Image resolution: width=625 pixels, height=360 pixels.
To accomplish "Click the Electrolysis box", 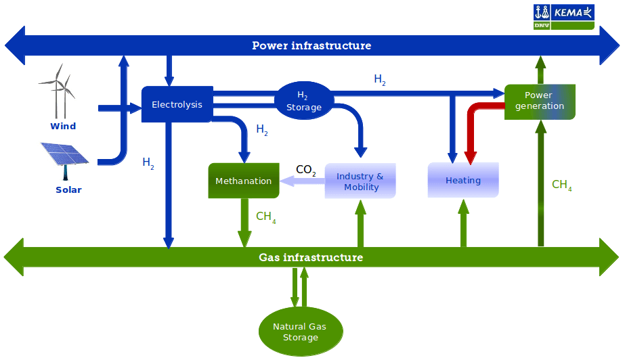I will [x=177, y=104].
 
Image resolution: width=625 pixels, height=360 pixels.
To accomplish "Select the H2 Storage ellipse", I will [x=303, y=101].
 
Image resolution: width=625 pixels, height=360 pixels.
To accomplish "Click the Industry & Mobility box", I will [x=360, y=181].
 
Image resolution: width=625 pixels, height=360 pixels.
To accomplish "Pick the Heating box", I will [x=463, y=180].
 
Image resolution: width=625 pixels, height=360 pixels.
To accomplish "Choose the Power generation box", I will [x=539, y=101].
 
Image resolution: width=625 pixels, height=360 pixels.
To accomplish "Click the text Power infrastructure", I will [x=311, y=46].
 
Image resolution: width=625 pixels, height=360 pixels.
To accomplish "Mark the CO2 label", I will [x=306, y=171].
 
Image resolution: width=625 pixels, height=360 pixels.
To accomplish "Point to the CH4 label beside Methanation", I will [x=265, y=217].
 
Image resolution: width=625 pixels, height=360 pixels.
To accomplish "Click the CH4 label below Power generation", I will [x=561, y=185].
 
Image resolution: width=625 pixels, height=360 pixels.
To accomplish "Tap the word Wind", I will [x=63, y=126].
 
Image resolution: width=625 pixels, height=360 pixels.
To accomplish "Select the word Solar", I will [x=68, y=190].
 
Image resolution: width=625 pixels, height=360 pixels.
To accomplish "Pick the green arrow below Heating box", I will [x=464, y=223].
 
